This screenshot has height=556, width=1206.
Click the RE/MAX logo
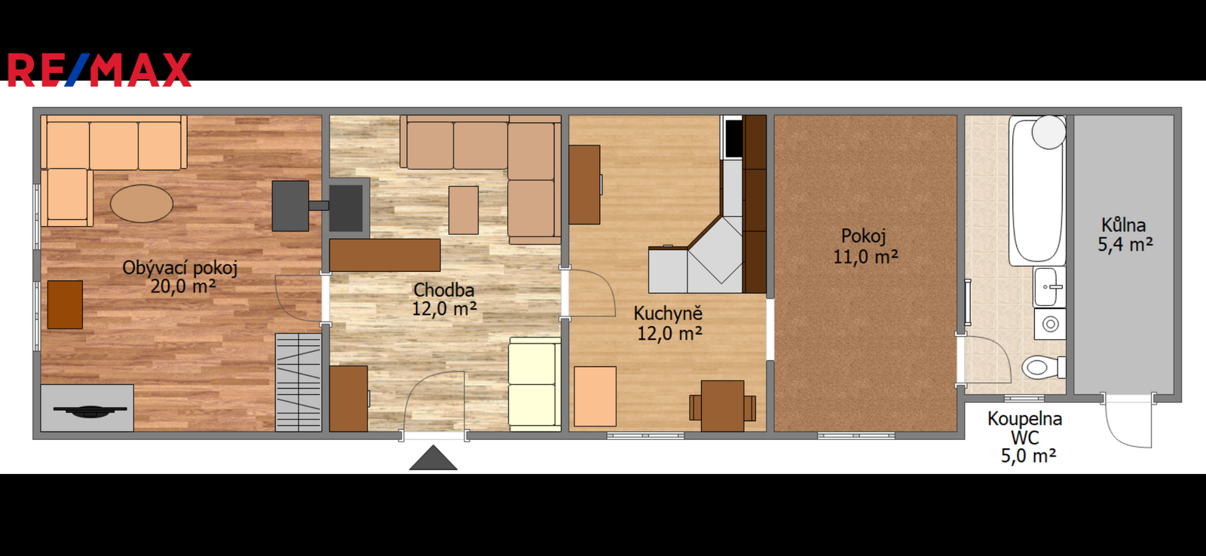(99, 70)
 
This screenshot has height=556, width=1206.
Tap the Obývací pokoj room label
(180, 276)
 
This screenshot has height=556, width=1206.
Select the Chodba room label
(444, 299)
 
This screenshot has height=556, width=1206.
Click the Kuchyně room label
(669, 323)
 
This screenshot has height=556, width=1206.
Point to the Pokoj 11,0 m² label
(865, 246)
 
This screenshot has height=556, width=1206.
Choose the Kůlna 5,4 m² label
(1125, 234)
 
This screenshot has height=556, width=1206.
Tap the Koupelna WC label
(1024, 428)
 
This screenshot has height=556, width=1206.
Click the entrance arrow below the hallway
(433, 457)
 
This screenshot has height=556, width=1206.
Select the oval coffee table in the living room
(142, 203)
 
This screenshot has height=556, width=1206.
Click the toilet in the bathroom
(1043, 368)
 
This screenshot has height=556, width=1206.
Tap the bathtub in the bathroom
(1037, 191)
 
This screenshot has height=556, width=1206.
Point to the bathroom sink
(1049, 287)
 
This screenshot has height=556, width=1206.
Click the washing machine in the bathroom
(1050, 324)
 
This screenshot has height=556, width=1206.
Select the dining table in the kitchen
(723, 406)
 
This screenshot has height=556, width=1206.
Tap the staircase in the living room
(298, 382)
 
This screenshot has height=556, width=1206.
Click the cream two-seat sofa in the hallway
(535, 384)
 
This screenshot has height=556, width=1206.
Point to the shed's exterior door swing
(1128, 423)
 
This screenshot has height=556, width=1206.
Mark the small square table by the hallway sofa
(464, 210)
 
